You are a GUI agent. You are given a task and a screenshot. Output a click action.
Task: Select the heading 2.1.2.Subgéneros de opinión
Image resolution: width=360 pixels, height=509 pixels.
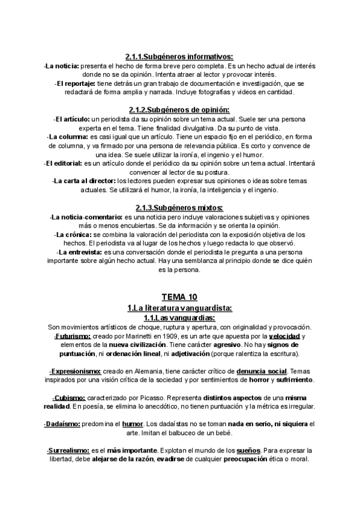(x=179, y=110)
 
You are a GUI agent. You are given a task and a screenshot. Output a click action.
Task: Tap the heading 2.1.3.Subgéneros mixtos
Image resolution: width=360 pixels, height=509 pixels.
(x=179, y=208)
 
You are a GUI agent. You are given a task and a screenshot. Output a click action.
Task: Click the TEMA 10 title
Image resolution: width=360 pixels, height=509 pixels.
(x=179, y=297)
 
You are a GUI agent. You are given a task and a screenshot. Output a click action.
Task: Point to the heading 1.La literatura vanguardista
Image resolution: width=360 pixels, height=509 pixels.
(x=179, y=308)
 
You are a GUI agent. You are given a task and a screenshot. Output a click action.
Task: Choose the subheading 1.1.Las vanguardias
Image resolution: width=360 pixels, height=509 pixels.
(x=179, y=318)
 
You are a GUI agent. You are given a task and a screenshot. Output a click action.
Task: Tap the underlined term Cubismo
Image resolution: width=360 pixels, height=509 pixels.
(x=68, y=399)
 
